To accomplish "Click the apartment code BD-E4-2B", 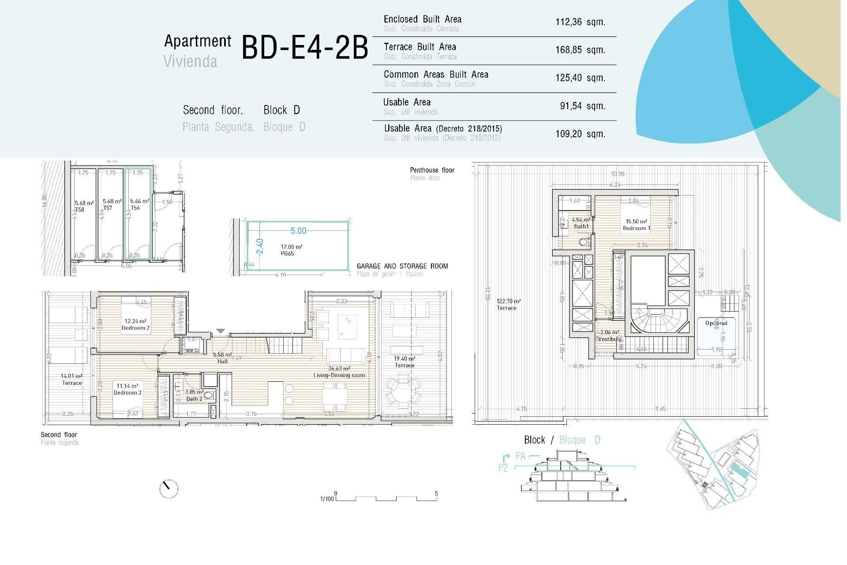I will [304, 48].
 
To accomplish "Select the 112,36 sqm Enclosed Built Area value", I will [580, 22].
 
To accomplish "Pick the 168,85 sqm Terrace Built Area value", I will [580, 50].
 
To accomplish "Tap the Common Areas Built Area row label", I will [435, 75].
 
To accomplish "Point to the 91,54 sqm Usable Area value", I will [582, 106].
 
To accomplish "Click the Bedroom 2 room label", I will [135, 325].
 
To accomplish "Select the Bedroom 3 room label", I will [127, 389].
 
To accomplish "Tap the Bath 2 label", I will [194, 395].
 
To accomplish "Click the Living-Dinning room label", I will [339, 372].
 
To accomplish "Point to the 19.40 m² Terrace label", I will [405, 362].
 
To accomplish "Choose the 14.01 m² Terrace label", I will [72, 380].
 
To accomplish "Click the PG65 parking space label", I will [287, 253].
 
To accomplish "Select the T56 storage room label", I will [135, 207].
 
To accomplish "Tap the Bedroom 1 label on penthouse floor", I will [636, 225].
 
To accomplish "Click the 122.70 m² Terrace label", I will [508, 305].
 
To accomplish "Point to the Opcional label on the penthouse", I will [716, 323].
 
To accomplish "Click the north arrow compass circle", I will [169, 489].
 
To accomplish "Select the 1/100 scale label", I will [327, 499].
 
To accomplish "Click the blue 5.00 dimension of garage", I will [298, 231].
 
